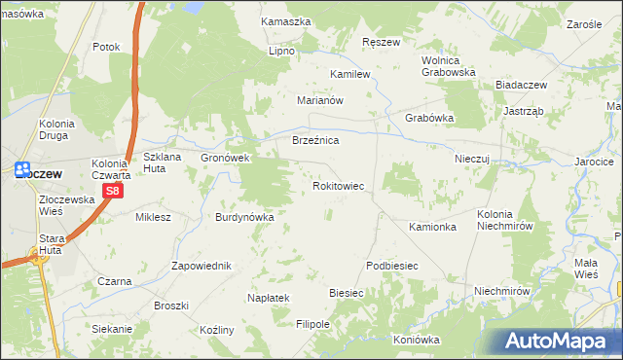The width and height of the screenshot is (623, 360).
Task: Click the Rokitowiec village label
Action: click(x=338, y=185)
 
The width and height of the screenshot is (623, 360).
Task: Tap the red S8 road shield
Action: click(x=113, y=192)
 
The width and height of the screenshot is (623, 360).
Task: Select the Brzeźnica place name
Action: click(x=315, y=141)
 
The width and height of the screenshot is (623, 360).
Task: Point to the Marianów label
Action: click(x=321, y=100)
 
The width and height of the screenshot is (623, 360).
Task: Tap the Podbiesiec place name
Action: click(x=391, y=266)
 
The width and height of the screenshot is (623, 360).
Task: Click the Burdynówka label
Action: click(x=244, y=218)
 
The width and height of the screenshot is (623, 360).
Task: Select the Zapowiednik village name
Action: click(x=201, y=266)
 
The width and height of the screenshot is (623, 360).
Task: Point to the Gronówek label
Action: click(x=226, y=158)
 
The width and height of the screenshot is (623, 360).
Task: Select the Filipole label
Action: click(x=313, y=324)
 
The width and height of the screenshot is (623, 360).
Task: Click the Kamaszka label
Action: click(x=285, y=21)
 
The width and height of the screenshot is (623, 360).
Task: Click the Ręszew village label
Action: click(x=381, y=43)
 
